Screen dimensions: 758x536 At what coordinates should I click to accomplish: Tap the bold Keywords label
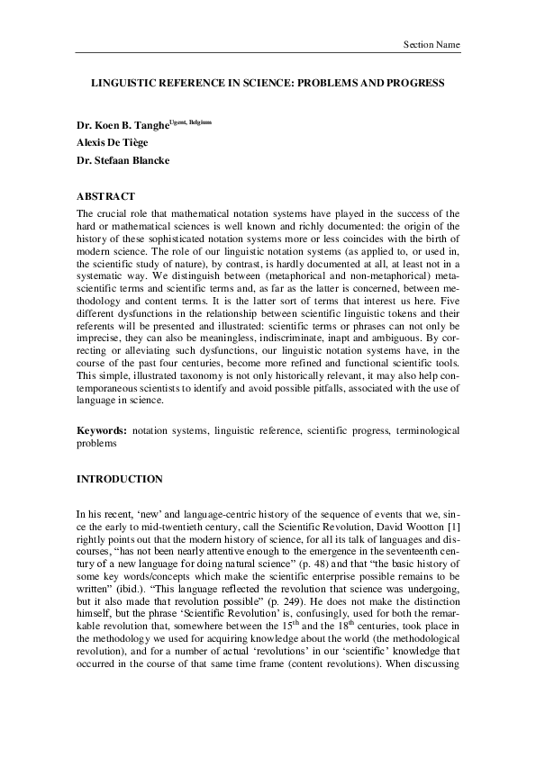pyautogui.click(x=99, y=432)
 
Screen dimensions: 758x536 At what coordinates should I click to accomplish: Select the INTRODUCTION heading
pyautogui.click(x=119, y=478)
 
